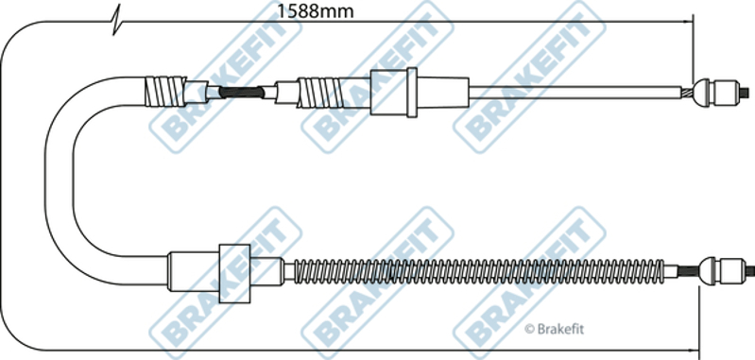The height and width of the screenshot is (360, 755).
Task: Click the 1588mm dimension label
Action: pos(316,11)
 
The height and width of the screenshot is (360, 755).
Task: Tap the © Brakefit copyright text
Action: pos(554,329)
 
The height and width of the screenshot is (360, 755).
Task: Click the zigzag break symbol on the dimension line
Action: pos(116,20)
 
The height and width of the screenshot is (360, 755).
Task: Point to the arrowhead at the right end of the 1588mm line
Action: pos(688,22)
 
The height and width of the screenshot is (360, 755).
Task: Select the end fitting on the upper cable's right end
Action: pos(717,93)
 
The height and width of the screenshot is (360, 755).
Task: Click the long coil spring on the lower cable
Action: pos(479,271)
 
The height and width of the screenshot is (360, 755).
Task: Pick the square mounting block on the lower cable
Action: pos(234,273)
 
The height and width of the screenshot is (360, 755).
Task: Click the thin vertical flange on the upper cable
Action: pos(412,93)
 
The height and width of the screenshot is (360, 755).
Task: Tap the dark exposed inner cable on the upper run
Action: pos(242,92)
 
